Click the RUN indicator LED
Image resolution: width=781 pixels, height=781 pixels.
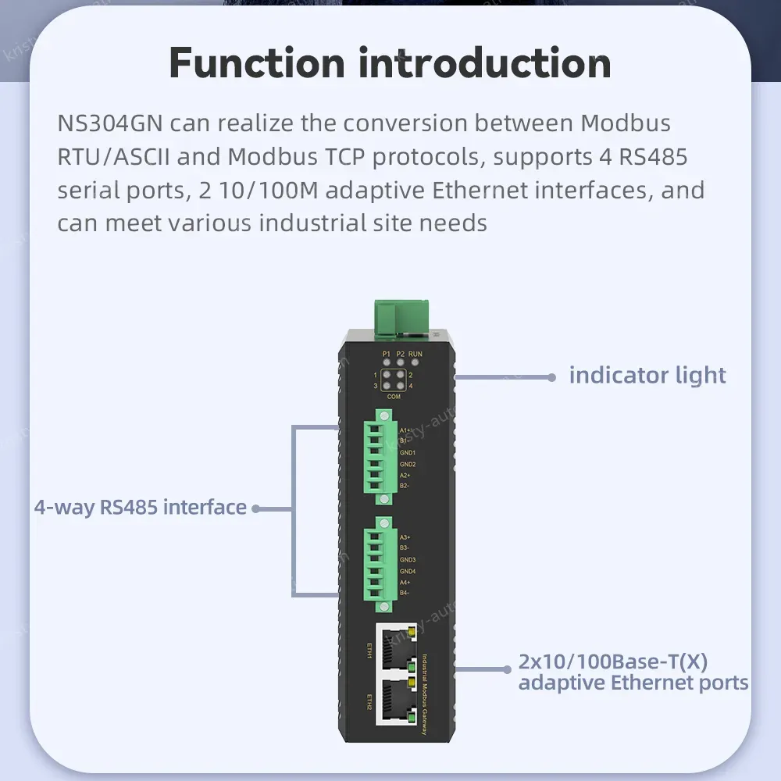(x=415, y=362)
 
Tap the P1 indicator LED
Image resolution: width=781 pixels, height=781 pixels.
(x=386, y=362)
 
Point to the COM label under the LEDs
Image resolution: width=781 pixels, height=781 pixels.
(x=394, y=397)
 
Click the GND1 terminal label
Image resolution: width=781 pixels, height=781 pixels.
(x=408, y=453)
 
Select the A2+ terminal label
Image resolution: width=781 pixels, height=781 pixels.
(x=405, y=475)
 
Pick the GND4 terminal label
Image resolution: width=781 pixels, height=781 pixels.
(x=408, y=571)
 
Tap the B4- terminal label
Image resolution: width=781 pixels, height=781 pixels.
(x=405, y=594)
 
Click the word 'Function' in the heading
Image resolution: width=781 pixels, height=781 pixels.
(x=257, y=62)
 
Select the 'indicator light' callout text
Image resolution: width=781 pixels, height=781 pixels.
(x=647, y=376)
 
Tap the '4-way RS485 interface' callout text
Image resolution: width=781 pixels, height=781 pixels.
(x=141, y=508)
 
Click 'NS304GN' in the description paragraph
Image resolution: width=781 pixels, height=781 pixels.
(x=109, y=123)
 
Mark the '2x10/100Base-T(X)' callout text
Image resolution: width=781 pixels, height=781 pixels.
(x=613, y=662)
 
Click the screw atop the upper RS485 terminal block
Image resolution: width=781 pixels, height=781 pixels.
(x=383, y=413)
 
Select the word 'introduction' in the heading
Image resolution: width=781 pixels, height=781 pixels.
(x=484, y=62)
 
